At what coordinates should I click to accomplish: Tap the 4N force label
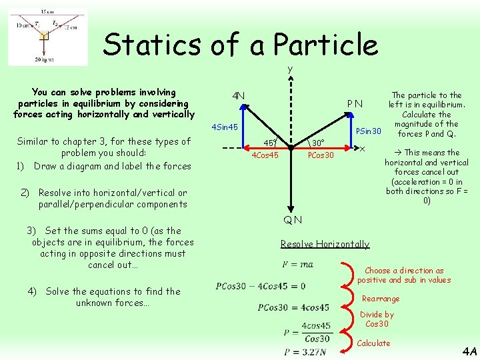[x=238, y=95]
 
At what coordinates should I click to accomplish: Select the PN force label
[x=355, y=103]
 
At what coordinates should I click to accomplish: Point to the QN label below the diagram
[x=292, y=220]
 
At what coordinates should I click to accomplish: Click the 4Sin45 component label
[x=225, y=127]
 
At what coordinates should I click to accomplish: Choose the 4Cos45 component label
[x=265, y=155]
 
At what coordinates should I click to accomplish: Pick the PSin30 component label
[x=368, y=131]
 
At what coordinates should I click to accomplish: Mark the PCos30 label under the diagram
[x=321, y=155]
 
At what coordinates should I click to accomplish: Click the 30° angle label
[x=318, y=143]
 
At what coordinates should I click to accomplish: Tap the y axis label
[x=290, y=69]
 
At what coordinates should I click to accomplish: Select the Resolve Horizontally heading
[x=325, y=244]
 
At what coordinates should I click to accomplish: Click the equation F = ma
[x=297, y=264]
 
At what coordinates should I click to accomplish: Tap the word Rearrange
[x=381, y=299]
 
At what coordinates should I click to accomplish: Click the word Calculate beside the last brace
[x=373, y=343]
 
